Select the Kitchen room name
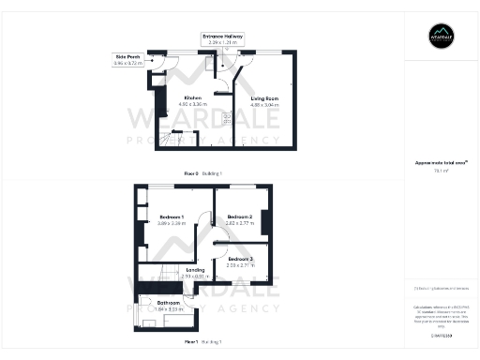(x=193, y=97)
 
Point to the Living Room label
(x=264, y=97)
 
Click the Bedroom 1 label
(x=171, y=217)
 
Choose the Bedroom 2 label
(x=240, y=217)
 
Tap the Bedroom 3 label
(x=240, y=259)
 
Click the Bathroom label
(x=169, y=303)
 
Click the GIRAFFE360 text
(x=441, y=334)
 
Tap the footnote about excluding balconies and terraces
(x=441, y=288)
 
